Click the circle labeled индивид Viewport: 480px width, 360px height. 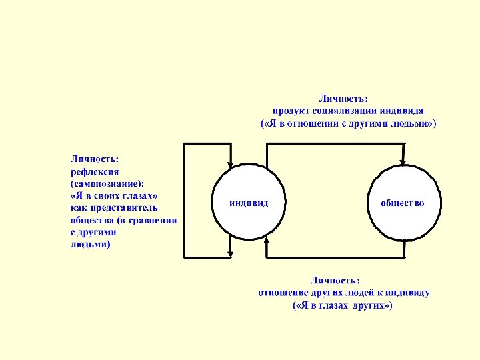click(249, 202)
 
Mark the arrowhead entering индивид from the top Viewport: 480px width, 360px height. click(230, 162)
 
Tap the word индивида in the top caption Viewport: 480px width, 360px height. click(402, 111)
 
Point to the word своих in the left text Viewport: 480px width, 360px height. click(105, 195)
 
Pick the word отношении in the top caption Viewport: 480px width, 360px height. click(312, 123)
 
